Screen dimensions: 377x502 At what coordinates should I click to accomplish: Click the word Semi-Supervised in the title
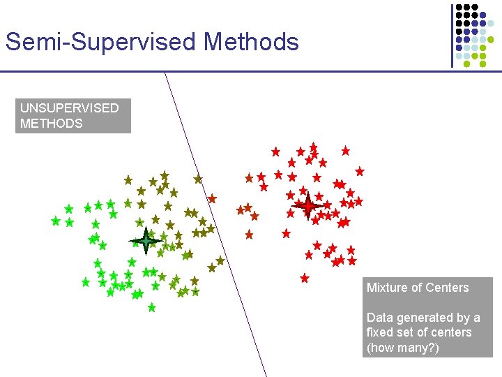(101, 42)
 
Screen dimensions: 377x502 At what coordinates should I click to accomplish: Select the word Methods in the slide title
(251, 42)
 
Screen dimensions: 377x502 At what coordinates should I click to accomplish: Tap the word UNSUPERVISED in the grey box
(69, 108)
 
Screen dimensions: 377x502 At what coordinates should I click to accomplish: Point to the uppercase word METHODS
(51, 124)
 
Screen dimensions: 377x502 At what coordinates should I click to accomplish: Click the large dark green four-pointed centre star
(146, 240)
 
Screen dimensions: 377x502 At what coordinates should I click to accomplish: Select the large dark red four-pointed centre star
(307, 206)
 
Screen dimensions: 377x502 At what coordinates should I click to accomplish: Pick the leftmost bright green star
(55, 221)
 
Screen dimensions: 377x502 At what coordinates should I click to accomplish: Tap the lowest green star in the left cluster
(151, 307)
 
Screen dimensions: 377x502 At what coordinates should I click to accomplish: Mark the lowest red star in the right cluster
(304, 278)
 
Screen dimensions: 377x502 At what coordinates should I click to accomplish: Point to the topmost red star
(314, 147)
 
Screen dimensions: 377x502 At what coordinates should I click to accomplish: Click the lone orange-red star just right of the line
(213, 198)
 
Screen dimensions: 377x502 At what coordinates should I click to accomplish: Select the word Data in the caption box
(379, 318)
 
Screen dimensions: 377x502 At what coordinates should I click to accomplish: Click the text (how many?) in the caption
(403, 348)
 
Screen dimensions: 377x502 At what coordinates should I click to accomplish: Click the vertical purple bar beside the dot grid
(452, 35)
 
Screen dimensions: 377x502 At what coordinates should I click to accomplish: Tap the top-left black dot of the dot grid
(459, 7)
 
